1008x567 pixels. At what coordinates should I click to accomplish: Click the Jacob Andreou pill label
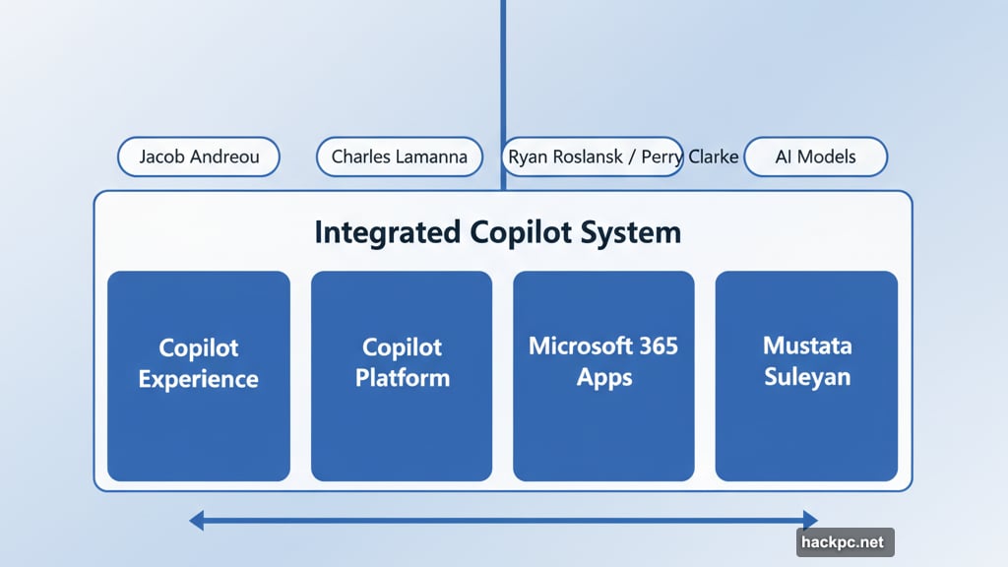[x=198, y=157]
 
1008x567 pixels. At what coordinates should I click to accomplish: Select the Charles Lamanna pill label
[x=399, y=157]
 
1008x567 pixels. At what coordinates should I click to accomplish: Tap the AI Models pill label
[x=815, y=157]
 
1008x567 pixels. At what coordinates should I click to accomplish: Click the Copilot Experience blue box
[x=198, y=376]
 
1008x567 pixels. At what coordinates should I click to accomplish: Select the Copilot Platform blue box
[x=402, y=376]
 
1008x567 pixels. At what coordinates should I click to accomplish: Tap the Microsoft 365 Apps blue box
[x=603, y=376]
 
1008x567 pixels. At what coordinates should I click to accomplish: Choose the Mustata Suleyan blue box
[x=806, y=376]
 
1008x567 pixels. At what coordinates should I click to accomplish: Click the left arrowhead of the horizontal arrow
[x=197, y=520]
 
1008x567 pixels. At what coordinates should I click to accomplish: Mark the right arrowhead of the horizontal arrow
[x=810, y=520]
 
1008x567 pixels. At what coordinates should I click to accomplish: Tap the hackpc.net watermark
[x=845, y=542]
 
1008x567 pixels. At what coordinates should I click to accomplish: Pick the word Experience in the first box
[x=198, y=379]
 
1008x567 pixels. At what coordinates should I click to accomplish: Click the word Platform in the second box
[x=402, y=378]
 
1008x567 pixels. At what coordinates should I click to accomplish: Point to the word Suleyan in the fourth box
[x=806, y=377]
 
